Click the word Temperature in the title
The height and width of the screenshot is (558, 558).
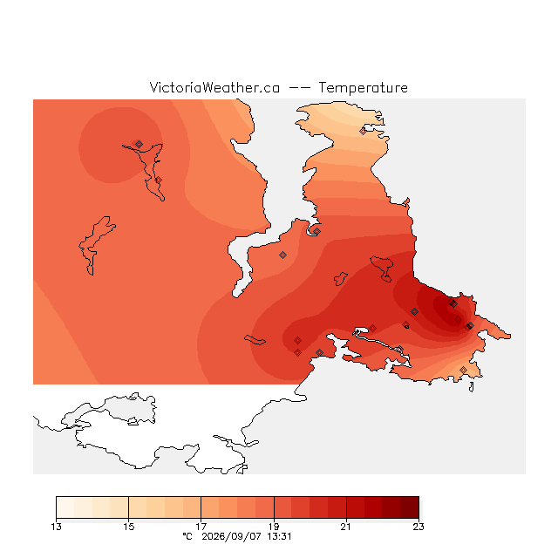coord(363,87)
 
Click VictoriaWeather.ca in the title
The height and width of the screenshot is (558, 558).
coord(214,87)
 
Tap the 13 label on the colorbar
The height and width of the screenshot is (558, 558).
coord(56,527)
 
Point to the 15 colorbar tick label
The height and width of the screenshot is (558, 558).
coord(129,527)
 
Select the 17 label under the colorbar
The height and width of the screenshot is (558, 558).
coord(201,527)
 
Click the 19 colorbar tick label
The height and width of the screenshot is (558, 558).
coord(274,527)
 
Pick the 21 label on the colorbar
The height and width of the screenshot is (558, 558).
coord(346,527)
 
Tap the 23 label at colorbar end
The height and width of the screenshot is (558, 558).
coord(418,527)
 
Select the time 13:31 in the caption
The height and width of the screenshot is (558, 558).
coord(279,536)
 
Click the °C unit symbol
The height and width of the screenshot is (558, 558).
coord(187,536)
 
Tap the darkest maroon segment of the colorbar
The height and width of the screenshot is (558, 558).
coord(410,507)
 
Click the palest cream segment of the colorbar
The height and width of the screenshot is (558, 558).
coord(65,507)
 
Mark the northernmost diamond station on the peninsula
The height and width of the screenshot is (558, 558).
coord(363,132)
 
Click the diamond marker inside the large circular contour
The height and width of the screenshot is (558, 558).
coord(139,144)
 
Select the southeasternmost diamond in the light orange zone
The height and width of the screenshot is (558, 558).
coord(463,370)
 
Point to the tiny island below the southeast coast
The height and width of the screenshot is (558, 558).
coord(472,387)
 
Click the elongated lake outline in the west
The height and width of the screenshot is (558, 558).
coord(95,245)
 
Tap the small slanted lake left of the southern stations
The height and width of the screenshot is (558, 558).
coord(255,340)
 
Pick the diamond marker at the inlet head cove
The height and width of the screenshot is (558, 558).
coord(316,231)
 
